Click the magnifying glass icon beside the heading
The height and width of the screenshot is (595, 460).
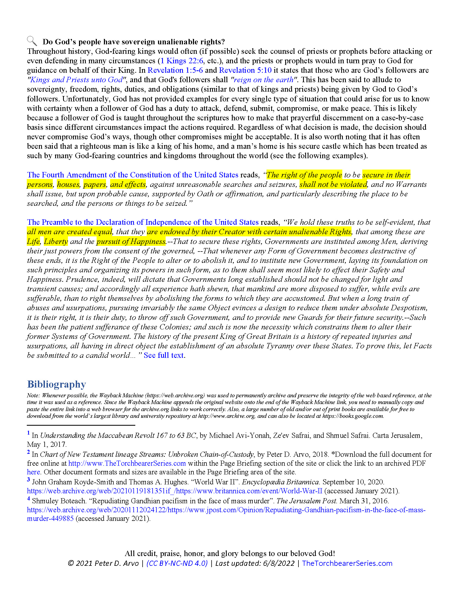[32, 41]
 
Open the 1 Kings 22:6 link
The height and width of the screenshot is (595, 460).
[182, 61]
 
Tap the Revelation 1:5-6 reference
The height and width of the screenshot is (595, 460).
[175, 70]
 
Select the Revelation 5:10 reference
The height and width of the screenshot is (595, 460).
[245, 70]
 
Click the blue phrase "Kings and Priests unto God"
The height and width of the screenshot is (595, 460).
[76, 80]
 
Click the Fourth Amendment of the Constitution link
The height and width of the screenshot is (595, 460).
[132, 175]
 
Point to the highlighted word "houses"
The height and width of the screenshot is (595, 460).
[68, 184]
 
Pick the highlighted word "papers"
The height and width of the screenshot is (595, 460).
[94, 184]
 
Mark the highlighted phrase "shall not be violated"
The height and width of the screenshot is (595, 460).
[333, 184]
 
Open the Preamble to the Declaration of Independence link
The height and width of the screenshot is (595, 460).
[143, 222]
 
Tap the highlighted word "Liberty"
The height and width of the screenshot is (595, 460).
[56, 241]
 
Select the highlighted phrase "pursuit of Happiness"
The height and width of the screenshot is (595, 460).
[131, 241]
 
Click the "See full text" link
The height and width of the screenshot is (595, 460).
[163, 355]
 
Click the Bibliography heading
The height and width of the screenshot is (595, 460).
[56, 384]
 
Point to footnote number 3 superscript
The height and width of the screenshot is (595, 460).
[28, 480]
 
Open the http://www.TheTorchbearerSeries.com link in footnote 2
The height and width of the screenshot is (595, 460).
[127, 463]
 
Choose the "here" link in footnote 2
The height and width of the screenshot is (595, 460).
[34, 472]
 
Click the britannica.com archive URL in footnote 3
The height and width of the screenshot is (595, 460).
[175, 491]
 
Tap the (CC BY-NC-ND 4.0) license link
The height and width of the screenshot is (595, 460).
[177, 563]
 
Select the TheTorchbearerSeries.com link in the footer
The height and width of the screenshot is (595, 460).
[347, 563]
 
